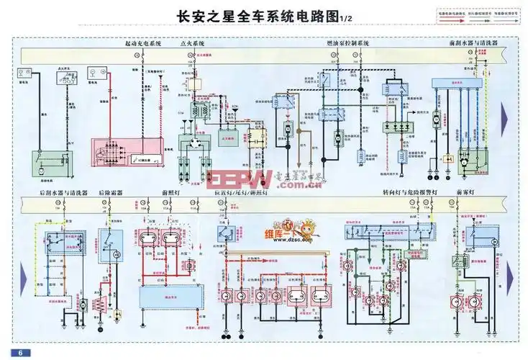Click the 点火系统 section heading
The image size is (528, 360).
point(192,43)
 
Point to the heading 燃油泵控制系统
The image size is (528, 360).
point(347,43)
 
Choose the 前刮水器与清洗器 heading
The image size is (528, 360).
point(473,43)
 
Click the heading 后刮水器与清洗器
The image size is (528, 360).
point(64,194)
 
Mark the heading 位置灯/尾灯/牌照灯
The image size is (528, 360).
point(241,194)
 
